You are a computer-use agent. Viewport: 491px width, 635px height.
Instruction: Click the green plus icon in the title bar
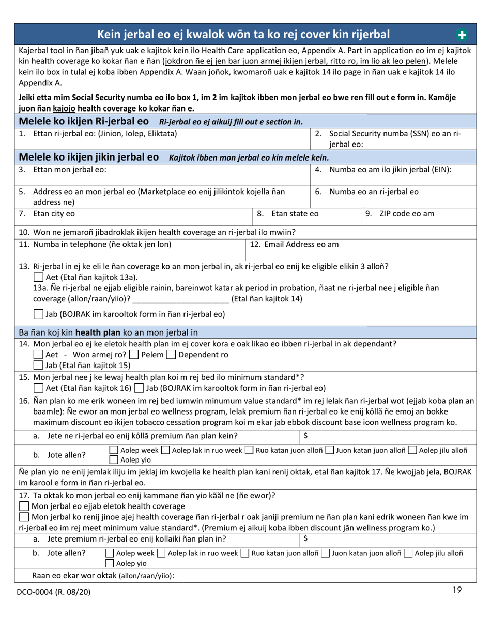click(x=462, y=35)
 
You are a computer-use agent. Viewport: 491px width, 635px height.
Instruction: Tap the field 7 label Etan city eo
click(x=54, y=214)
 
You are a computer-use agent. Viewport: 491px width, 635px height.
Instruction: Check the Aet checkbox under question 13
click(x=38, y=278)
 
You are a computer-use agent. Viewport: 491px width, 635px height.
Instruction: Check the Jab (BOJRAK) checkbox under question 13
click(x=38, y=314)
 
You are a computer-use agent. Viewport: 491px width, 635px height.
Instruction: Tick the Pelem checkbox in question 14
click(x=133, y=355)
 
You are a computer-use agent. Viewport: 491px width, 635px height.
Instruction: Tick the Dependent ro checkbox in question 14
click(x=171, y=355)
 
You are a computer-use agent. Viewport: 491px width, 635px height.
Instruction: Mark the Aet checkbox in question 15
click(x=38, y=388)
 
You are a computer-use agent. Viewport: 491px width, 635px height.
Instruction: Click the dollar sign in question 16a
click(x=306, y=436)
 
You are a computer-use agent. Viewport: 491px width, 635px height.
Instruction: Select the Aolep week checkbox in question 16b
click(x=115, y=451)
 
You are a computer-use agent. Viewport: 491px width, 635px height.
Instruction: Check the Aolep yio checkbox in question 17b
click(x=110, y=563)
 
